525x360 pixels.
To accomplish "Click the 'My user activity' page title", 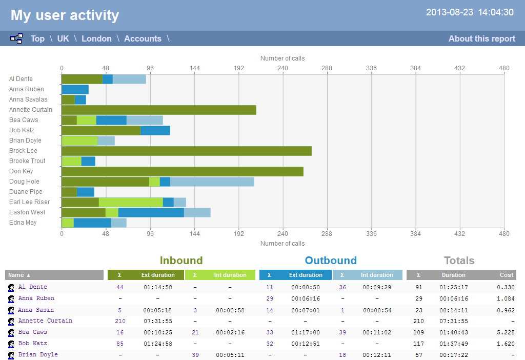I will click(x=65, y=15).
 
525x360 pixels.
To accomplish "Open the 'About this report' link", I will click(x=481, y=38).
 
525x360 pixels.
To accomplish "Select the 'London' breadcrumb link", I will click(x=96, y=38).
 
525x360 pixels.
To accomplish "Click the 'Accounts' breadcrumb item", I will click(x=143, y=38).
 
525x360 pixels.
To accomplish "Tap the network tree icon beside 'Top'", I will click(x=16, y=38).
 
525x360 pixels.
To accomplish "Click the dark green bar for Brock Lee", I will click(x=186, y=151).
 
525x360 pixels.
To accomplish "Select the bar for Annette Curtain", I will click(x=158, y=110).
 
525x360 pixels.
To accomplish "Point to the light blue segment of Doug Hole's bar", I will click(x=212, y=182).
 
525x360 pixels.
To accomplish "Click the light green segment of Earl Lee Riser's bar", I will click(x=131, y=202).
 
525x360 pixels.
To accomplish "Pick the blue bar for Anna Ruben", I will click(x=75, y=89).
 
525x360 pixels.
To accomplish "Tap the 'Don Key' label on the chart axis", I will click(x=21, y=171).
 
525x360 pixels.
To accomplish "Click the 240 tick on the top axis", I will click(x=282, y=68).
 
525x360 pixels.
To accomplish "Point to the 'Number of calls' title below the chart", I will click(x=282, y=244).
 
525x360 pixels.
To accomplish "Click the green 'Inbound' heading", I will click(x=181, y=261).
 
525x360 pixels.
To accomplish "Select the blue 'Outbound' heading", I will click(x=331, y=261).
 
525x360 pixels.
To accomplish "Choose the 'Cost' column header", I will click(x=507, y=275).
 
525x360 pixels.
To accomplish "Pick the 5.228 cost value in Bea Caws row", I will click(x=506, y=332).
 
